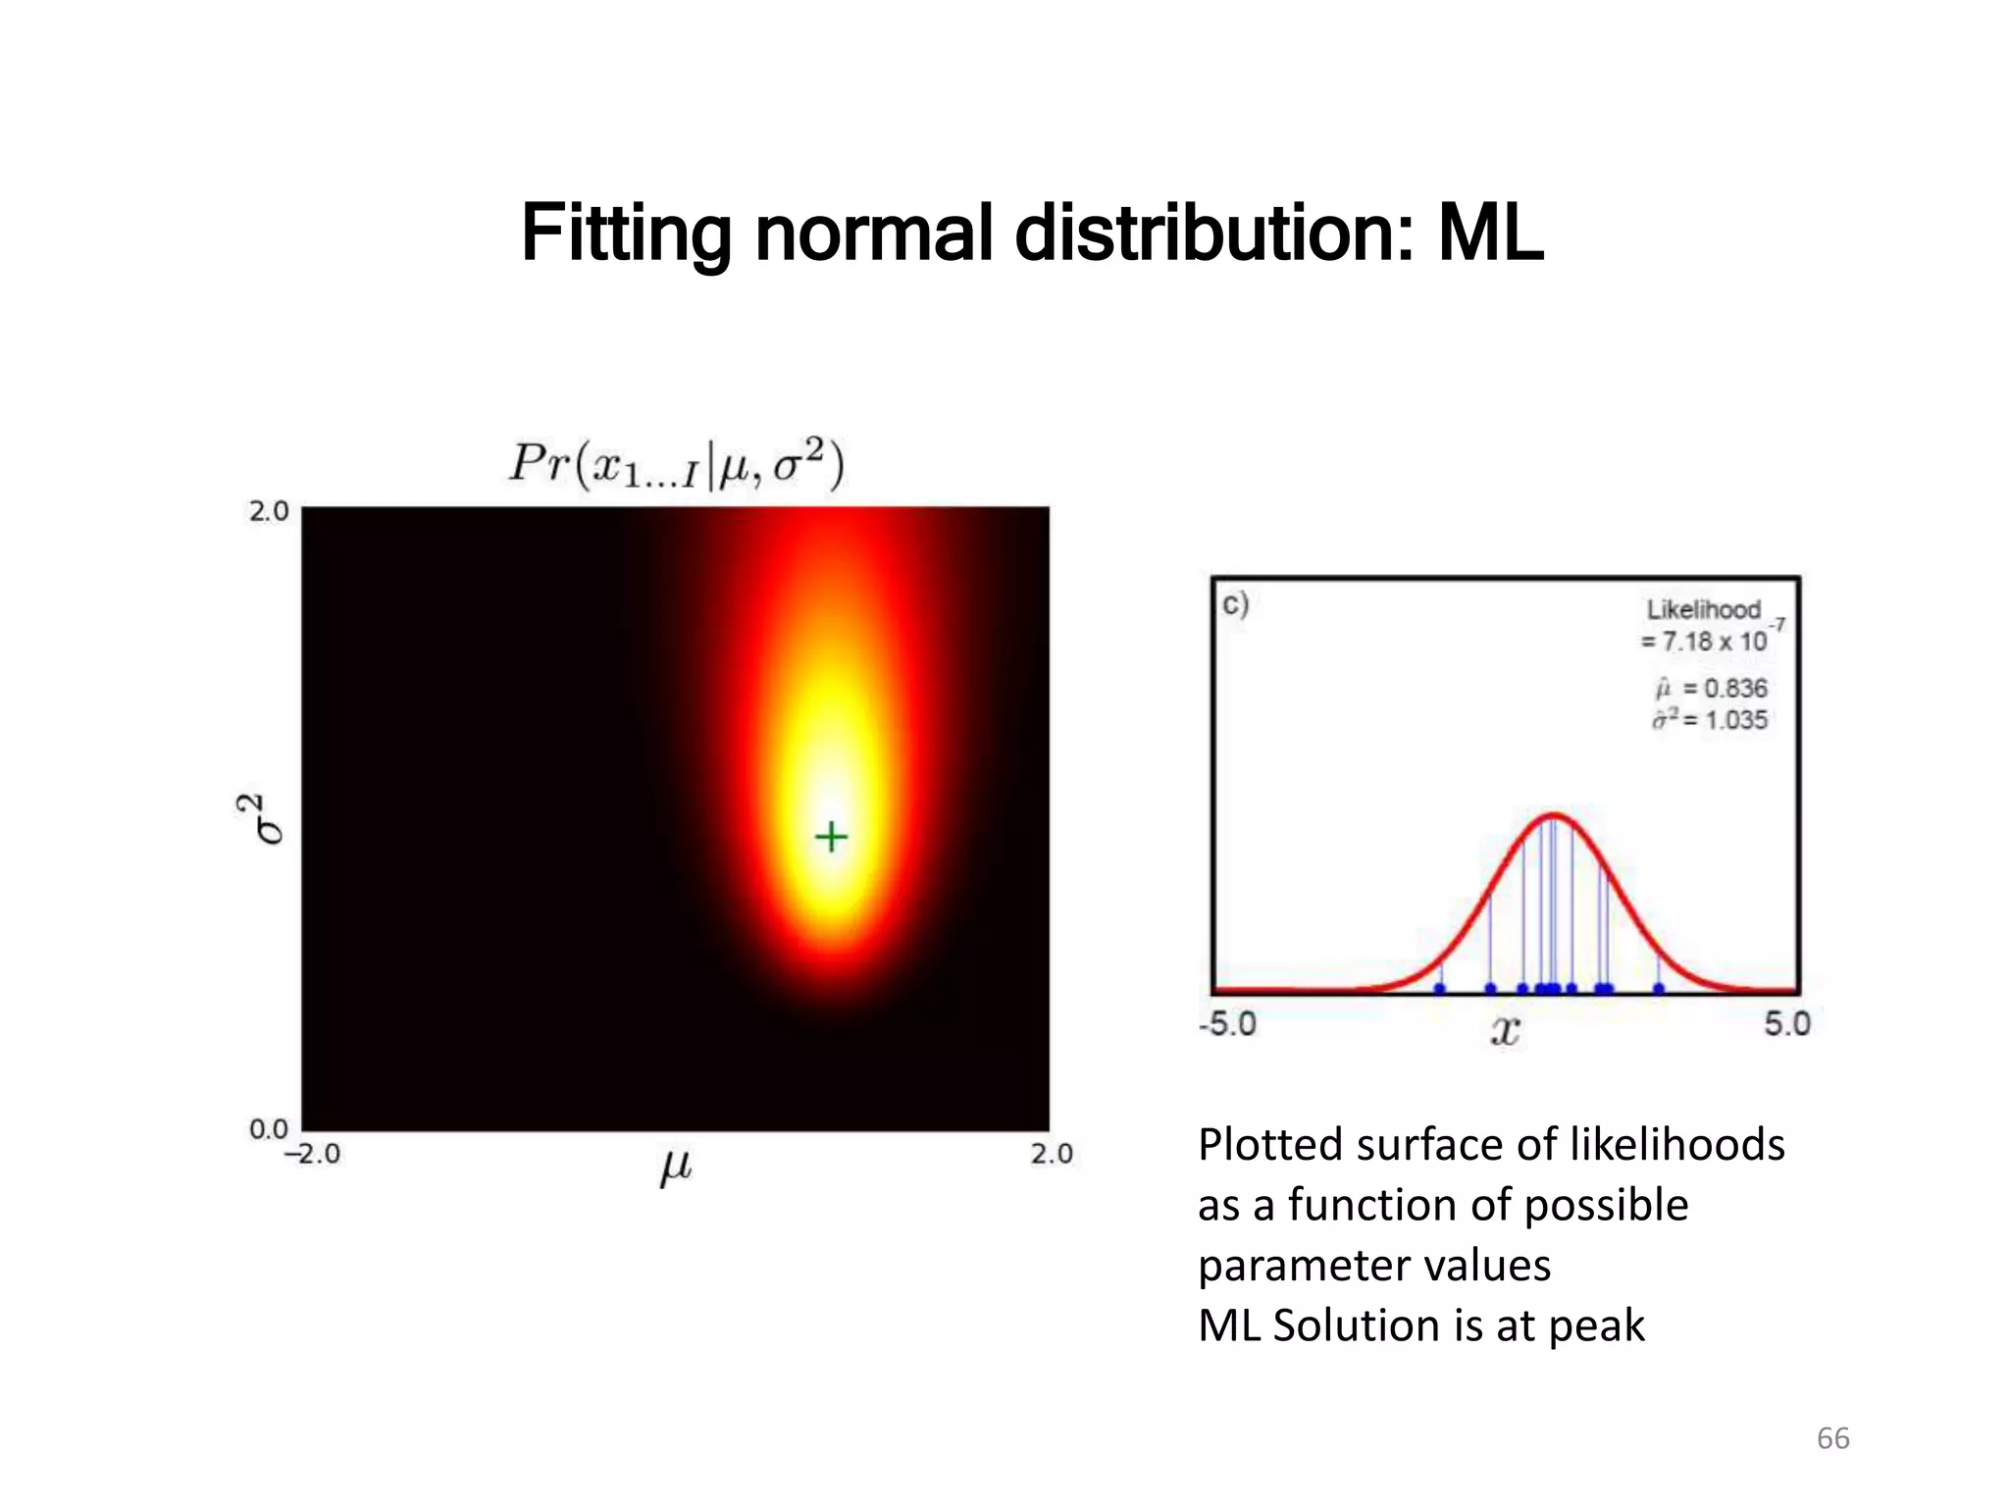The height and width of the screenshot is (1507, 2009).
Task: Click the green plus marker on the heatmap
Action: click(x=831, y=837)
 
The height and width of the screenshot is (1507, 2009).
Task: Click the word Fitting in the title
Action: click(x=625, y=234)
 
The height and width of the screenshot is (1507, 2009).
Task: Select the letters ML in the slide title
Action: click(x=1490, y=234)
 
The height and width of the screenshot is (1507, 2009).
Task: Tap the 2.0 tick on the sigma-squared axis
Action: click(x=269, y=511)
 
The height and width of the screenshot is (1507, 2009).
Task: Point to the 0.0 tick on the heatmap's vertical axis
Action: click(x=269, y=1129)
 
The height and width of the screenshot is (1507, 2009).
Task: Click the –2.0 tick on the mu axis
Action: click(x=312, y=1155)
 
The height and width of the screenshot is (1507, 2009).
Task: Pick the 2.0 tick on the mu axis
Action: click(x=1052, y=1155)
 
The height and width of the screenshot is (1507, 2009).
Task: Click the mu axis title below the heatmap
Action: click(x=676, y=1167)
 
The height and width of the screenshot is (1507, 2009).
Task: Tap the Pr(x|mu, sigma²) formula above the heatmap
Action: click(x=676, y=464)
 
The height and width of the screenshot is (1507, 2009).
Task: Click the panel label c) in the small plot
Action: click(x=1235, y=603)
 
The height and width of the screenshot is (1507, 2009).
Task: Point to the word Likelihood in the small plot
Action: click(x=1703, y=609)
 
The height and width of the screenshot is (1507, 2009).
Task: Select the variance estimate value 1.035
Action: click(x=1735, y=720)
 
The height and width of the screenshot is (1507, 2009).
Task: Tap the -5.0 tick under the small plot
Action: click(x=1227, y=1024)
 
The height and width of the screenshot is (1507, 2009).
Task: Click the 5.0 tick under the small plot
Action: click(x=1786, y=1024)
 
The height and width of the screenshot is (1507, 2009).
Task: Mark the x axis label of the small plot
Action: click(x=1505, y=1031)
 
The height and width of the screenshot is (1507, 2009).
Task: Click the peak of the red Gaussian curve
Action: click(x=1555, y=815)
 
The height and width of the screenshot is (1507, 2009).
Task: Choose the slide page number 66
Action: click(x=1832, y=1438)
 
